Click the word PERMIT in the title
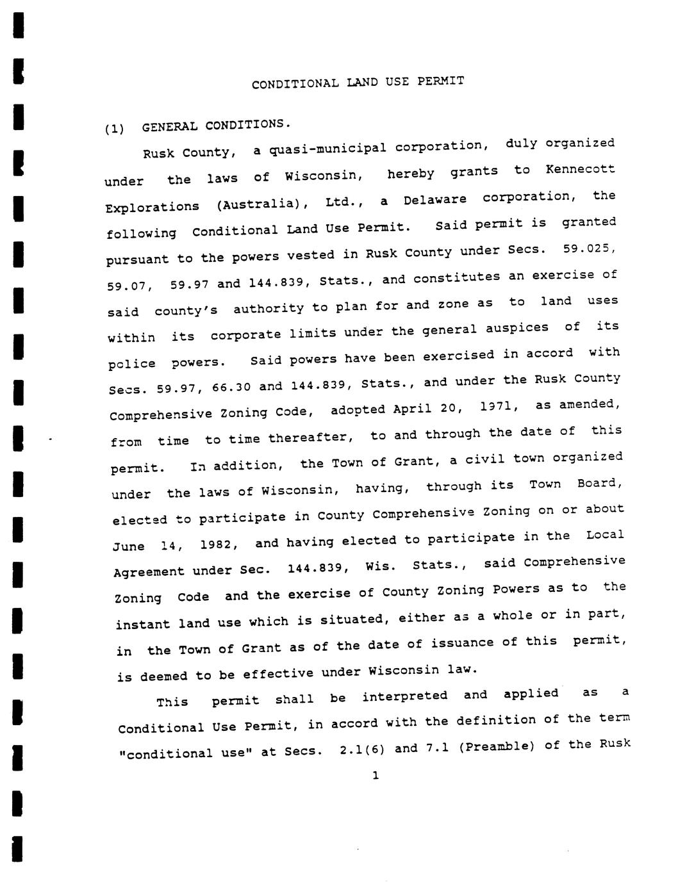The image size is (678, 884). [441, 81]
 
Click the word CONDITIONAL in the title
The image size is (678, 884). [295, 84]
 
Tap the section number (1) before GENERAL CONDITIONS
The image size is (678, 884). [114, 128]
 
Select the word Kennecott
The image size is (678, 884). [580, 170]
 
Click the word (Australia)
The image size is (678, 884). [263, 205]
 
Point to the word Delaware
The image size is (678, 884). [434, 199]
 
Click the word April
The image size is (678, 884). [412, 408]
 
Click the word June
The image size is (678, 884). [129, 546]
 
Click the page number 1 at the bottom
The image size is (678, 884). [376, 776]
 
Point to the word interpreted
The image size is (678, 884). [404, 696]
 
